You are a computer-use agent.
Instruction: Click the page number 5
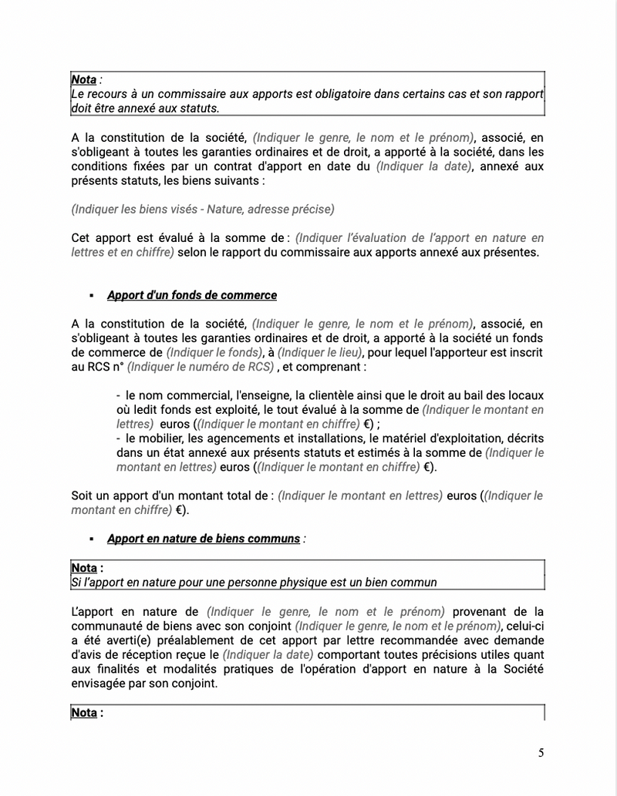[541, 753]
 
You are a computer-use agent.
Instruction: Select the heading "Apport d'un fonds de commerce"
[191, 295]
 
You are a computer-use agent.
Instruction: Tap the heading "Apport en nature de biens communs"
[203, 539]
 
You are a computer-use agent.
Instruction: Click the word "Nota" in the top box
[83, 79]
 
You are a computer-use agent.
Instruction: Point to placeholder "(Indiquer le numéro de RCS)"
[201, 367]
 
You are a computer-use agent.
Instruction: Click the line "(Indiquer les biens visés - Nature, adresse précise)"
[203, 209]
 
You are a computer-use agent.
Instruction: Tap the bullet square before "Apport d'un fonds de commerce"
[92, 296]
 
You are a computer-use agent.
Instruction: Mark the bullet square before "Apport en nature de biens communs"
[92, 539]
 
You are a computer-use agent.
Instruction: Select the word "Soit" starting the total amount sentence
[83, 495]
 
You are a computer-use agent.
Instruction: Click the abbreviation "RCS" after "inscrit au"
[96, 367]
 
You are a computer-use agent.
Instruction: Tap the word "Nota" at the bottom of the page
[84, 713]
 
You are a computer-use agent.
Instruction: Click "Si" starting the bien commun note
[76, 583]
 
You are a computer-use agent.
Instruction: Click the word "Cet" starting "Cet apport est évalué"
[81, 237]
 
